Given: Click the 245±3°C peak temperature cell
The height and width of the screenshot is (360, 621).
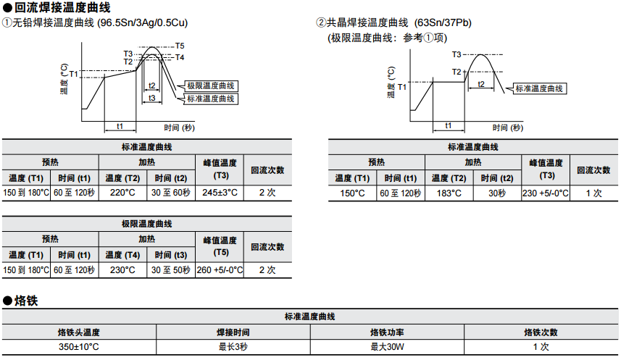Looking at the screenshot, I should pos(220,193).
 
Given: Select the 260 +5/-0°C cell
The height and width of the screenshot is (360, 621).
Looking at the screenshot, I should pos(220,269).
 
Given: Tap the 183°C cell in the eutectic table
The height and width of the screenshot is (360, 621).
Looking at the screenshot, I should pos(449,193).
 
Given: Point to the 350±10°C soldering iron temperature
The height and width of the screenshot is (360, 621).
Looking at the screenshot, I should pos(79,347).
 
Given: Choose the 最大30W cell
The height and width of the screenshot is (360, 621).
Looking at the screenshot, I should pos(388,347).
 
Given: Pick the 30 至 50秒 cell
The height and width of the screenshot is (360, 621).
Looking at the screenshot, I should pos(171,269).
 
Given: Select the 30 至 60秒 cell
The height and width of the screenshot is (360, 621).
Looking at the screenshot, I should pos(171,193).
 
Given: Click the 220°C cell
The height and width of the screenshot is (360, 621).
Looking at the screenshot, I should pos(122,193).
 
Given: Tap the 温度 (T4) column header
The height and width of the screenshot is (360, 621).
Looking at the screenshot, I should pos(122,255).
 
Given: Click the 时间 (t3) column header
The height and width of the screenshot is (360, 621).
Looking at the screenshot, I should pos(171,255).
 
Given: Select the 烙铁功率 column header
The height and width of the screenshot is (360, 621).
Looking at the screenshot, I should pos(388,332).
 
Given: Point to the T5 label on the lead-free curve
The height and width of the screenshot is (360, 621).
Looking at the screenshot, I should pos(180,46).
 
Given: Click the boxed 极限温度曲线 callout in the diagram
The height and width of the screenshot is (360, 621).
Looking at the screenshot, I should pos(211,85).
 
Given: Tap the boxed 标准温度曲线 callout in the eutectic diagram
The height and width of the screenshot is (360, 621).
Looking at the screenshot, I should pos(540,88).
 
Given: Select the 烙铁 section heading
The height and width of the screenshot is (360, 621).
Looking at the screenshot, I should pos(25,300).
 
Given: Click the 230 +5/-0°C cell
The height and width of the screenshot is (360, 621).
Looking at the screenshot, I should pos(546,193).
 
